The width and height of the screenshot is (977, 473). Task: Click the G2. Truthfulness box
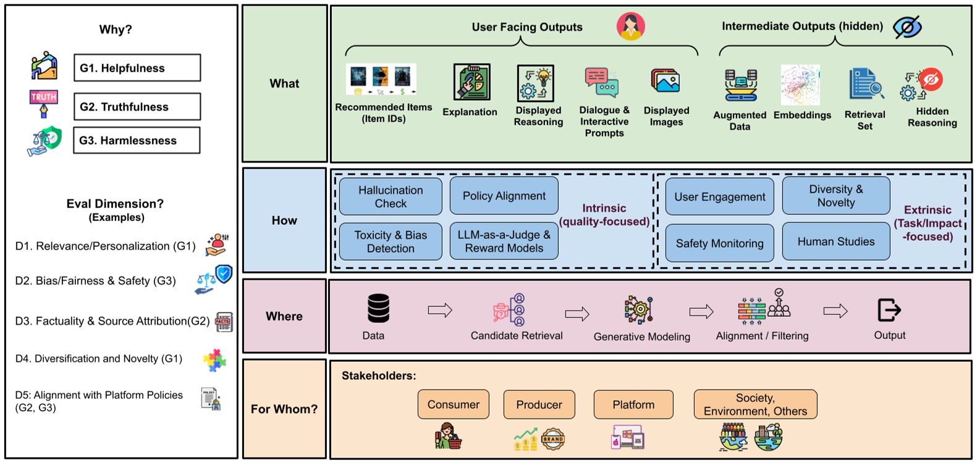(x=137, y=107)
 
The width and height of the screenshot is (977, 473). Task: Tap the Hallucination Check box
(x=391, y=197)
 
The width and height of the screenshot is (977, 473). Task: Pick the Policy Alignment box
(x=504, y=196)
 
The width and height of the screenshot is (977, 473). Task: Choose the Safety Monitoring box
(x=719, y=243)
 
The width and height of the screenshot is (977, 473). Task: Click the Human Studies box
(x=835, y=241)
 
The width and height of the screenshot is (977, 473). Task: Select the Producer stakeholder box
(x=539, y=404)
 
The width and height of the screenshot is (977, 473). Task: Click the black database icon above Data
(x=378, y=308)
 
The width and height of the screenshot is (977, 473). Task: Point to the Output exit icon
(x=889, y=310)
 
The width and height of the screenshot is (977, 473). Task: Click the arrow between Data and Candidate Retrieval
(x=440, y=310)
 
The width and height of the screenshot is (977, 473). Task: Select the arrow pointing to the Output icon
(x=835, y=311)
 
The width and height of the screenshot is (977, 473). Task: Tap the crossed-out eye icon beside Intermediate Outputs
(x=907, y=27)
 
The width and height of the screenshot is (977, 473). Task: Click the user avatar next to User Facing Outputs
(x=630, y=26)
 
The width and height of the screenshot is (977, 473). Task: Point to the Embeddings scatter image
(x=800, y=85)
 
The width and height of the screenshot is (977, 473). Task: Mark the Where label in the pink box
(x=284, y=316)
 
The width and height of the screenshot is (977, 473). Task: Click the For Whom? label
(x=284, y=409)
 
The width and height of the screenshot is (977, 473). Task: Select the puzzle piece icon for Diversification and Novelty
(x=214, y=360)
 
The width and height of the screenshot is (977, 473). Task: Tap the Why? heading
(x=116, y=30)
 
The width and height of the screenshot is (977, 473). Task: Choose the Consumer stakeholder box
(x=453, y=404)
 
